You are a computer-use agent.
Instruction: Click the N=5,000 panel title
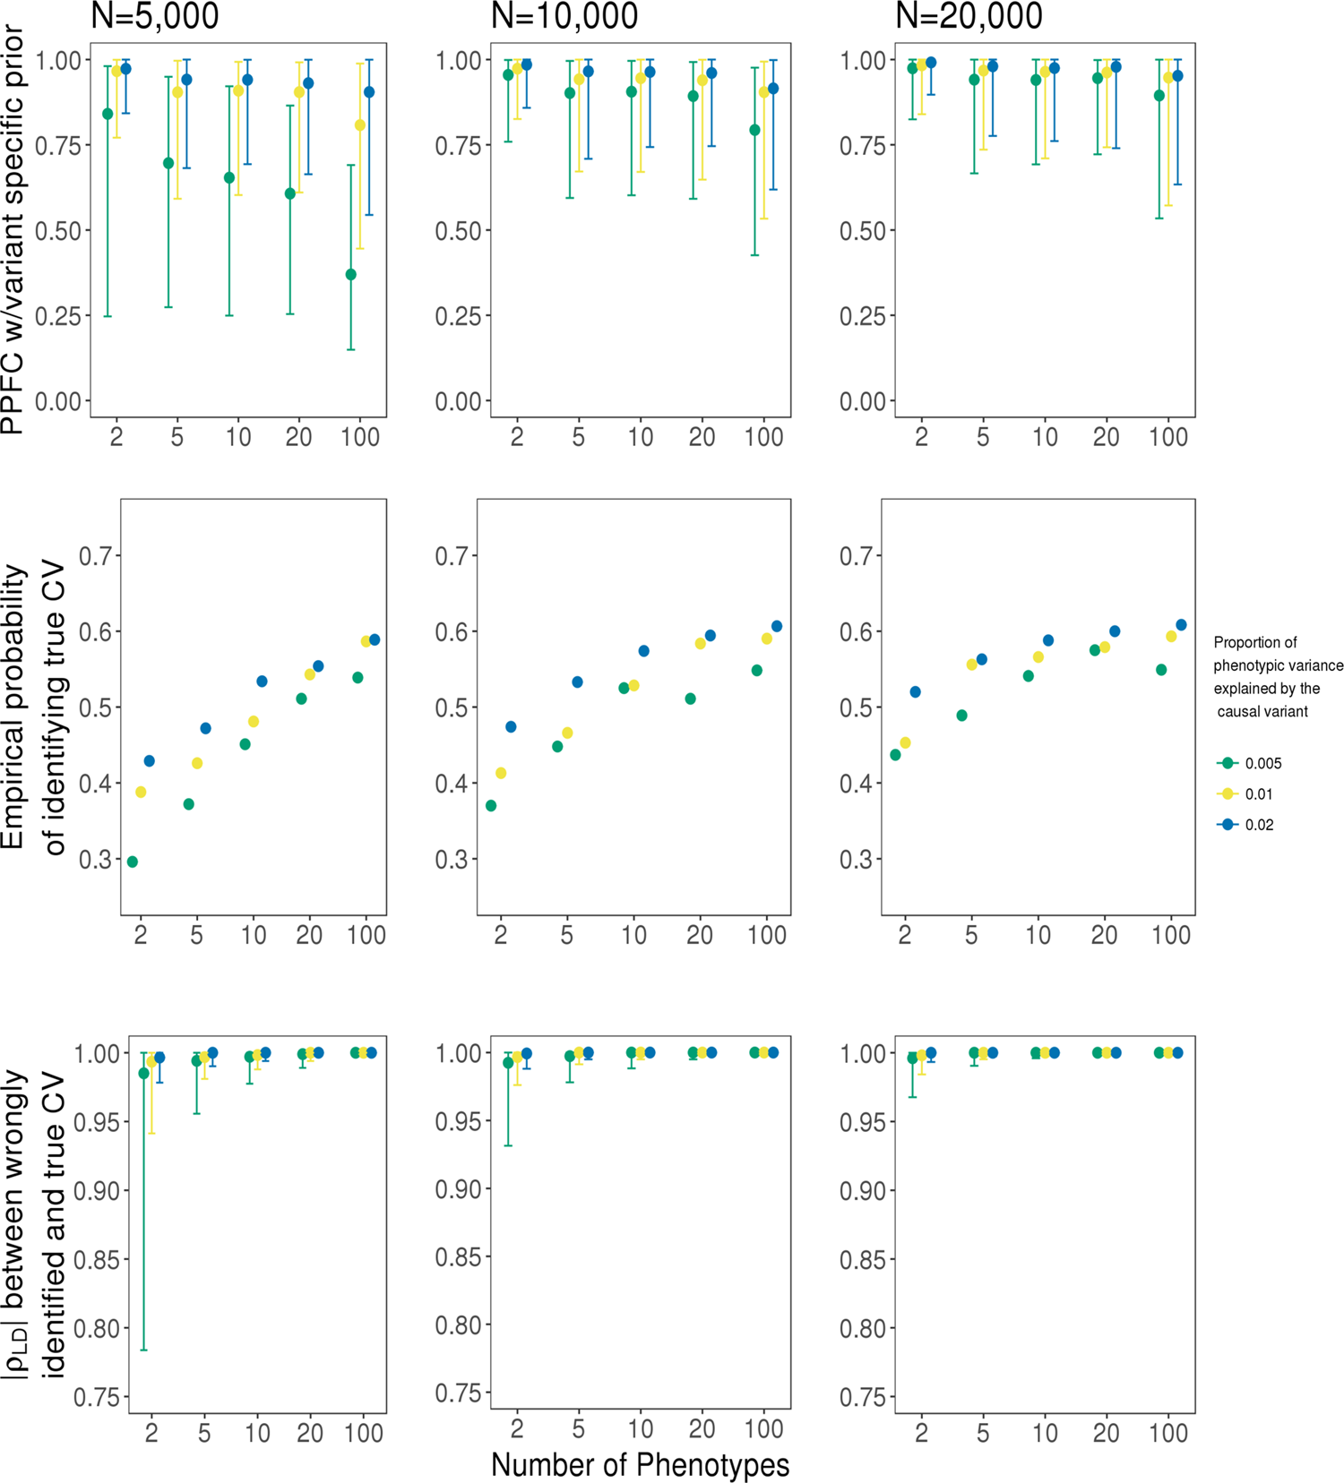click(x=155, y=16)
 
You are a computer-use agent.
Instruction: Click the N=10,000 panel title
click(x=564, y=16)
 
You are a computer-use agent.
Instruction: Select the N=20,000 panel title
click(x=969, y=16)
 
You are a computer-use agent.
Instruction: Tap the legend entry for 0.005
click(x=1262, y=764)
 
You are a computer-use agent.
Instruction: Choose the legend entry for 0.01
click(x=1258, y=794)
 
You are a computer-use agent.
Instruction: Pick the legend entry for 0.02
click(x=1258, y=825)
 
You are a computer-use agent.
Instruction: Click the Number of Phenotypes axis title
click(x=640, y=1464)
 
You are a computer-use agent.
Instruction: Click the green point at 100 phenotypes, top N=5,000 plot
click(x=351, y=275)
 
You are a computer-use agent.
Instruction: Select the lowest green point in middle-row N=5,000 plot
click(x=133, y=862)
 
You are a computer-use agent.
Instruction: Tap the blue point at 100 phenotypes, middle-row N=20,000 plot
click(x=1181, y=625)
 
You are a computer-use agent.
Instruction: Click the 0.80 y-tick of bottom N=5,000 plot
click(x=96, y=1328)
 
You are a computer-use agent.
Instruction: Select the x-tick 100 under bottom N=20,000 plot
click(x=1168, y=1433)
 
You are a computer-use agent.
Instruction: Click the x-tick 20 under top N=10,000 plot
click(x=702, y=438)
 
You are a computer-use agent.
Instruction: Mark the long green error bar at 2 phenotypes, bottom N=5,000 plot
click(x=144, y=1209)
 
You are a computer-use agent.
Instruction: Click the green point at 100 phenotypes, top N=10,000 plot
click(x=755, y=131)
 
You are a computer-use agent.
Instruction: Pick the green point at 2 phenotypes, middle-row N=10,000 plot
click(x=491, y=806)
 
